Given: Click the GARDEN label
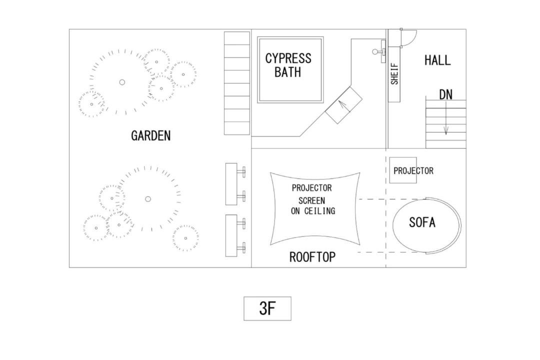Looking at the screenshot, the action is point(151,135).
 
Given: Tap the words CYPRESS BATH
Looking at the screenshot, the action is point(288,65).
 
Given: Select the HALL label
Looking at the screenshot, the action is point(437,60).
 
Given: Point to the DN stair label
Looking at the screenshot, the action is point(445,94).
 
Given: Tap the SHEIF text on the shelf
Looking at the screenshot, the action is point(394,73).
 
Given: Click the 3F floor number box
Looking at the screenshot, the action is point(267,308).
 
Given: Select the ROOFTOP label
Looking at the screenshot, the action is point(312,257).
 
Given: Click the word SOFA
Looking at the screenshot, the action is point(422,222).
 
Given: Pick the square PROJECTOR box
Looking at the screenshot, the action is point(403,170).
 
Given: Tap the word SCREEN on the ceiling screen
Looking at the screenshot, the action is point(311,200).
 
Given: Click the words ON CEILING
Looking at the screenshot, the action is point(313,211).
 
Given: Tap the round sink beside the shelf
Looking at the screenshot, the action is point(375,51).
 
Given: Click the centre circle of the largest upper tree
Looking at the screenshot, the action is point(122,82).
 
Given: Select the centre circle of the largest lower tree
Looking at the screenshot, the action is point(147,199).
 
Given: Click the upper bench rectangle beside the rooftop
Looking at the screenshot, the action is point(231,184).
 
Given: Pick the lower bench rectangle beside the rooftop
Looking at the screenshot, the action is point(231,235).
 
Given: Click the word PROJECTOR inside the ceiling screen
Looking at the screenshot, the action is point(311,188).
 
